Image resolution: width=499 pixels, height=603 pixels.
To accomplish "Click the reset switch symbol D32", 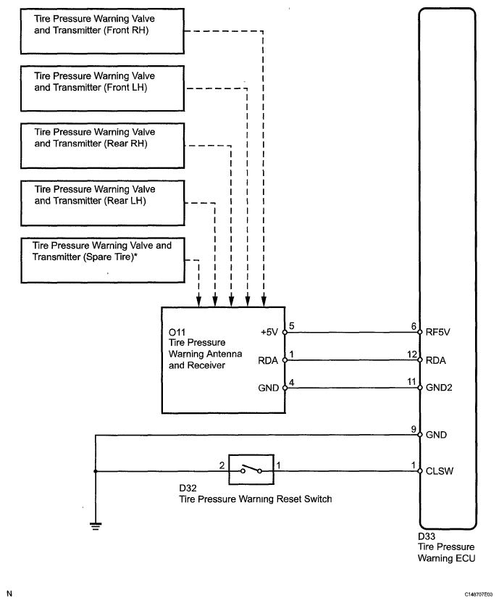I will point(251,470).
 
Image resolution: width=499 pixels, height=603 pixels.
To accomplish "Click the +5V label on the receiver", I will point(269,333).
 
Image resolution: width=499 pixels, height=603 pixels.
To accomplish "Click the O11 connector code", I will point(176,332).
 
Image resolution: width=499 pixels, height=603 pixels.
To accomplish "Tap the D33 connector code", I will point(427,537).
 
